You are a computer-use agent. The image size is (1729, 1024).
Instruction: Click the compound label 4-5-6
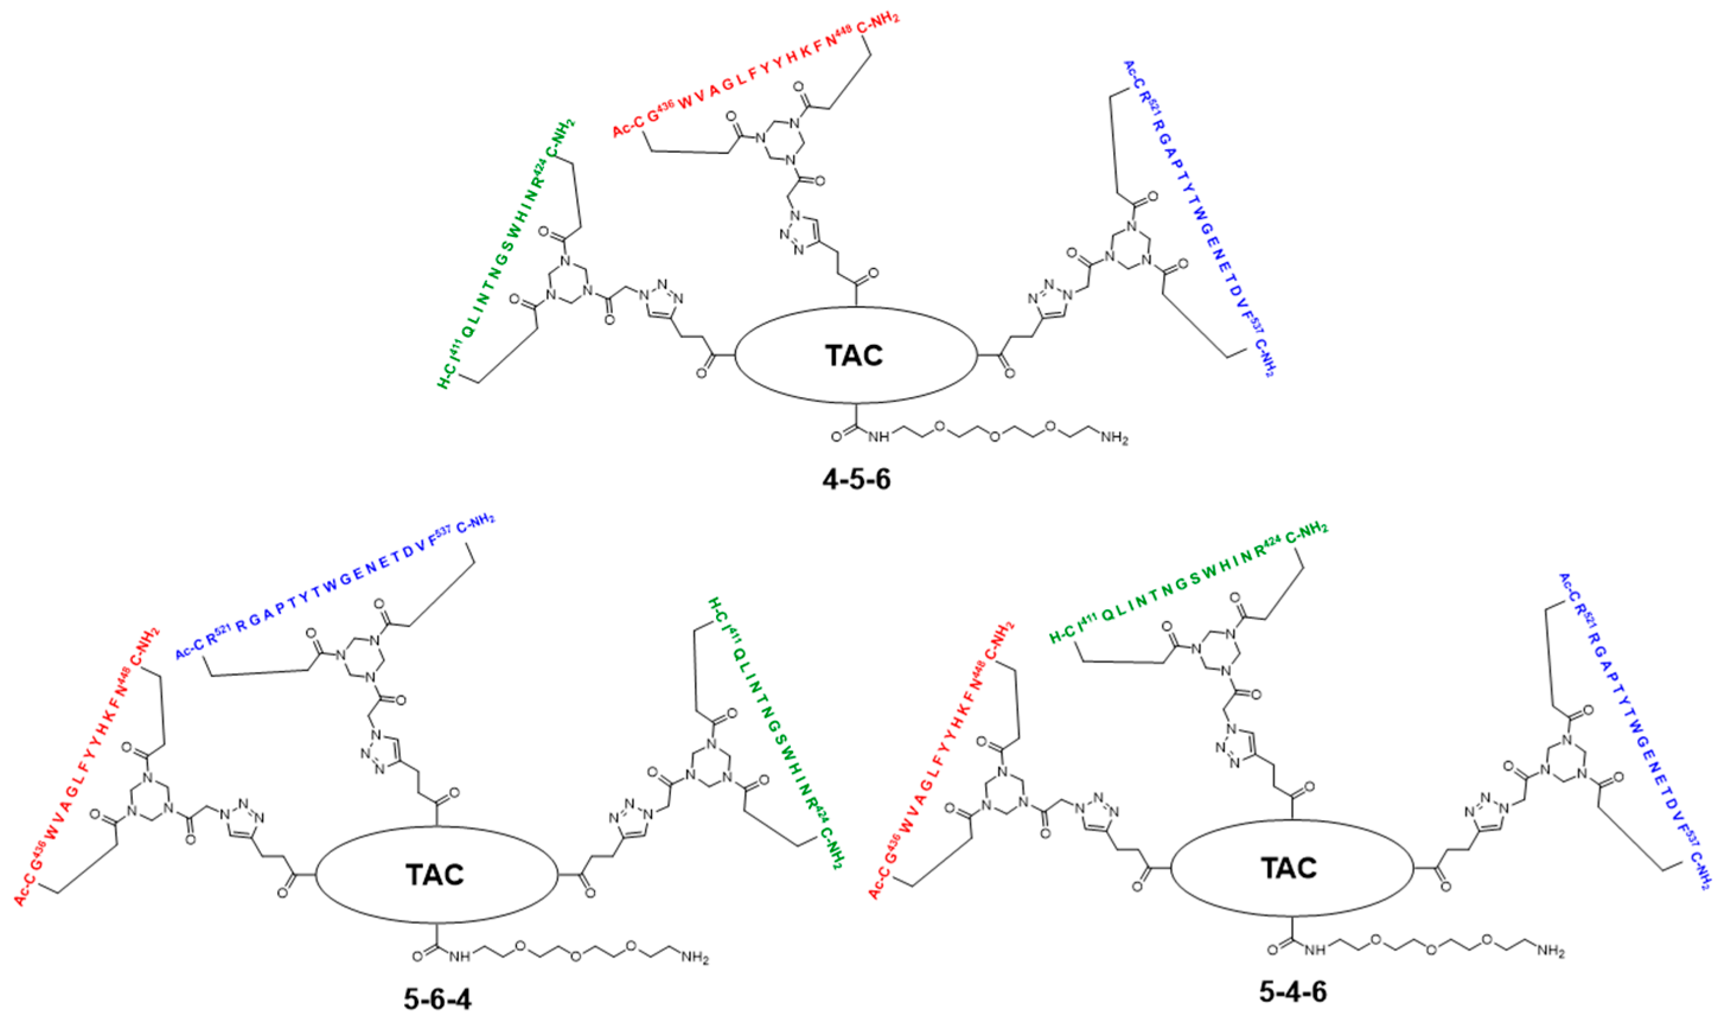click(x=856, y=478)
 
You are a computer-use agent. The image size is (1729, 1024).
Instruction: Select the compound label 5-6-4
click(x=437, y=999)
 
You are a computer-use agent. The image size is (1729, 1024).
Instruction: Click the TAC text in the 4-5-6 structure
click(x=855, y=356)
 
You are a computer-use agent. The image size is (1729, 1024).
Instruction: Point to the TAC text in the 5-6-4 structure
click(x=435, y=874)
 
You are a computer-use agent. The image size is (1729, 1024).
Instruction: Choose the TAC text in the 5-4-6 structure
click(x=1289, y=868)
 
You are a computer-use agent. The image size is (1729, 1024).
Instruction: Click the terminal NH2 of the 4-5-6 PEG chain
click(x=1113, y=437)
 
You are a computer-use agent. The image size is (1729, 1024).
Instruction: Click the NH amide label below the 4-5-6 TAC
click(x=878, y=437)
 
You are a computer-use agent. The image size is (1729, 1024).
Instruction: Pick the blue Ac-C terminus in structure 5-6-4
click(x=188, y=649)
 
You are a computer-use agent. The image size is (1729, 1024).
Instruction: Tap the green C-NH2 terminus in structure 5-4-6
click(x=1306, y=532)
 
